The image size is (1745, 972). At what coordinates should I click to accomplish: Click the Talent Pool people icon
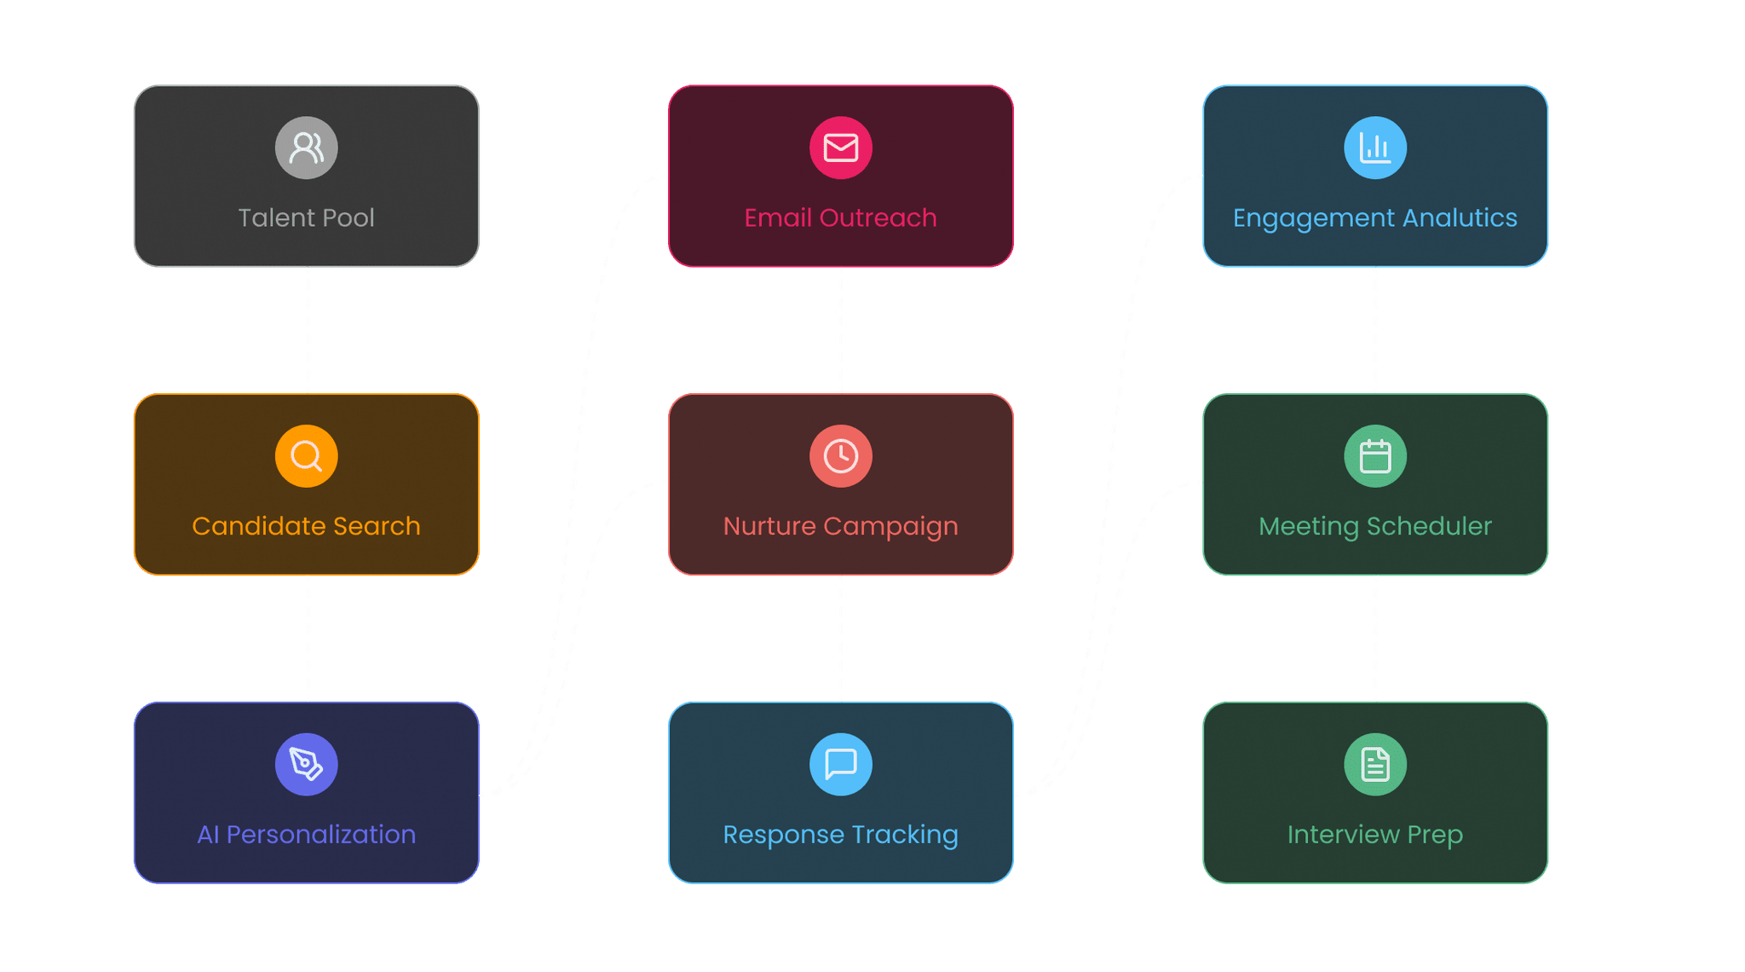[307, 148]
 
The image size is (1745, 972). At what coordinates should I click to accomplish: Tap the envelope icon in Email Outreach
[841, 148]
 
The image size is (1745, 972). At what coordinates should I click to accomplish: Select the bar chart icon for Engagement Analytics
[1375, 148]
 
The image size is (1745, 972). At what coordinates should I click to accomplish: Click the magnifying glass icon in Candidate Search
[307, 456]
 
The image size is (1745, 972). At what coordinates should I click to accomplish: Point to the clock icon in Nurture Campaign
[841, 456]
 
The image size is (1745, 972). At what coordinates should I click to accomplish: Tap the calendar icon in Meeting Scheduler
[1375, 456]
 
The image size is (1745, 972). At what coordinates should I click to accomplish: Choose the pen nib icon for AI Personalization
[307, 764]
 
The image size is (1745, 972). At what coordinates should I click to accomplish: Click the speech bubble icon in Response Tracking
[841, 764]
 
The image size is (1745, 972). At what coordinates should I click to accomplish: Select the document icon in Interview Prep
[1375, 764]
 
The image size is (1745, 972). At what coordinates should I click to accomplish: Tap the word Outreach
[878, 217]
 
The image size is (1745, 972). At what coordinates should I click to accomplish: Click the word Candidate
[259, 526]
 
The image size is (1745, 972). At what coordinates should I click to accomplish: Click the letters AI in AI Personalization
[208, 835]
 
